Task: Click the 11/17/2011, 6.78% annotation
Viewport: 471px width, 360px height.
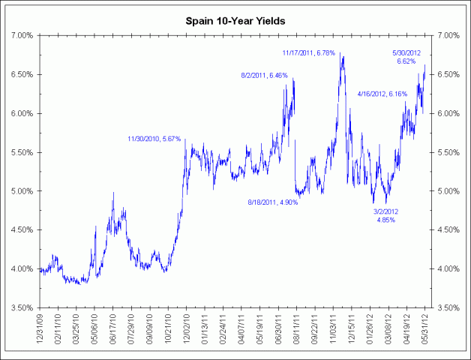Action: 313,52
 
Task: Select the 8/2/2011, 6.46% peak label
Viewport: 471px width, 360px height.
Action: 264,76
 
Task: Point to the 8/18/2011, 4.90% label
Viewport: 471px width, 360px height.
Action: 273,202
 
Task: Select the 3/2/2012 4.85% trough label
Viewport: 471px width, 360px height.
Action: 387,217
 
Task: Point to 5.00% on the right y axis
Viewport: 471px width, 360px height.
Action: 448,191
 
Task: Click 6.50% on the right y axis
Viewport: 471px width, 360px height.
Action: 448,75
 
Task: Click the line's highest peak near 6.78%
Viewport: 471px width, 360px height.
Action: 341,54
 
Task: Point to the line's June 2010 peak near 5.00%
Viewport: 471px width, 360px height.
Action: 113,193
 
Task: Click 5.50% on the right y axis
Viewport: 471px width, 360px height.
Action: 448,152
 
